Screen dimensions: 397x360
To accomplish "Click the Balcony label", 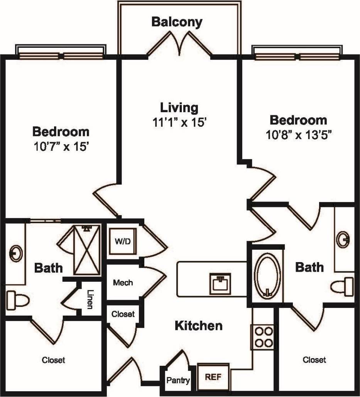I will pyautogui.click(x=177, y=22).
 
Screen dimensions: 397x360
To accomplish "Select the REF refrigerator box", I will pyautogui.click(x=213, y=376).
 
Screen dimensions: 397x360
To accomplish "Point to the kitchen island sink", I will pyautogui.click(x=220, y=284).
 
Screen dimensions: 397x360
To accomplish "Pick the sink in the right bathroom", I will pyautogui.click(x=343, y=240).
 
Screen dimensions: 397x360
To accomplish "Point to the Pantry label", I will pyautogui.click(x=178, y=381).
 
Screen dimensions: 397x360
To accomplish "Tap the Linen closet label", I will pyautogui.click(x=90, y=299).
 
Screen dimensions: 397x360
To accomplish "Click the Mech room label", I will pyautogui.click(x=123, y=283).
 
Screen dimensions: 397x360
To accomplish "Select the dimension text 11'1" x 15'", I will pyautogui.click(x=180, y=122).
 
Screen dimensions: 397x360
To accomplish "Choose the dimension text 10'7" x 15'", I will pyautogui.click(x=61, y=147).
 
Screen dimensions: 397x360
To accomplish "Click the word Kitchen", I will pyautogui.click(x=199, y=326).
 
